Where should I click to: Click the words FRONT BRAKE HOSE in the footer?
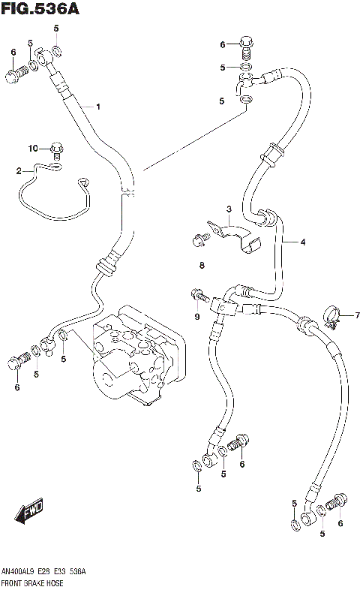pos(33,583)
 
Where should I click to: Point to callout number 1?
pos(97,107)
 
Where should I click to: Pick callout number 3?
pos(230,208)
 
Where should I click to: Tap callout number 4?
pos(303,242)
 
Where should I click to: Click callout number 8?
pos(202,265)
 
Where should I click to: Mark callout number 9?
pos(198,318)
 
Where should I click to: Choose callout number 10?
pos(33,148)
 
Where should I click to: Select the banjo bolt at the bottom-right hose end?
pos(337,500)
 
